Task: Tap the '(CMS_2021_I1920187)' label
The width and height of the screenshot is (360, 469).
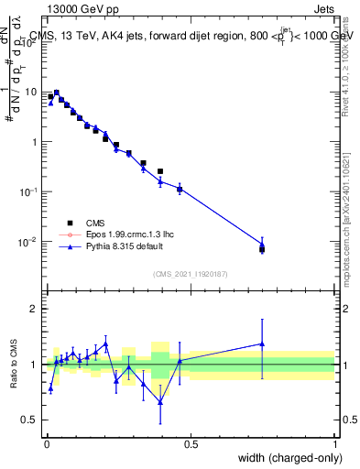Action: [x=189, y=273]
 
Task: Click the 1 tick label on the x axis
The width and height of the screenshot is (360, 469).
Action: [x=334, y=444]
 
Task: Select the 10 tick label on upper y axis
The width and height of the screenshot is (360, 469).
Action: [x=31, y=92]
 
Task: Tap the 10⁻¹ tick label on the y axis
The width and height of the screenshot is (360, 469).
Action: [x=29, y=191]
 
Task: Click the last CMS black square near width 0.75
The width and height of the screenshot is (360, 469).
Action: [x=262, y=249]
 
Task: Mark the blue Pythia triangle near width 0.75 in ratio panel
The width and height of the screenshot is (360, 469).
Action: [x=262, y=344]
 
